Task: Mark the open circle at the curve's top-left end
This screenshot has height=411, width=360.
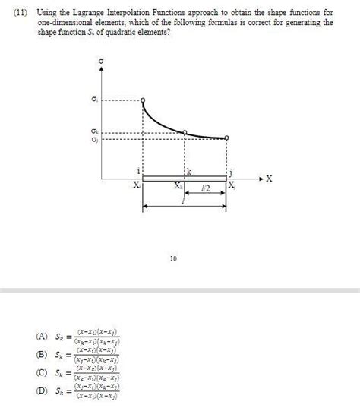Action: (144, 100)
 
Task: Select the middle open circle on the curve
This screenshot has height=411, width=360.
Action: (185, 132)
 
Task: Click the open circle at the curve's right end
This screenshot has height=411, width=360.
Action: (227, 138)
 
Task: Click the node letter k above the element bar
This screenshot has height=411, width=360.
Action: (188, 173)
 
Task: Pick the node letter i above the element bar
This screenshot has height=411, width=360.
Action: (138, 173)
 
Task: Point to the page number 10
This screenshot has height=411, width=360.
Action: (173, 259)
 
